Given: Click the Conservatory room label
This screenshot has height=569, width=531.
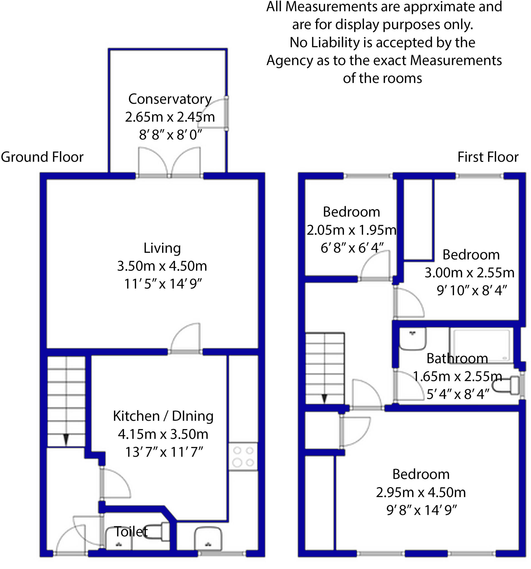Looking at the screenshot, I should click(x=170, y=99).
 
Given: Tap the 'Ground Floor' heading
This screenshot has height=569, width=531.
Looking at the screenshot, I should click(x=42, y=157).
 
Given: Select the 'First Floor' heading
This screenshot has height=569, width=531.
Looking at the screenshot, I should click(x=487, y=157).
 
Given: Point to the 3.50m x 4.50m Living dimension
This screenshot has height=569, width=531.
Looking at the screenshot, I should click(x=162, y=266).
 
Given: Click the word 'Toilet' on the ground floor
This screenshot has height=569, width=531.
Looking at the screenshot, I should click(x=131, y=532).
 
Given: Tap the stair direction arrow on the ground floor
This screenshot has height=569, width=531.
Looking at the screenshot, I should click(x=66, y=439).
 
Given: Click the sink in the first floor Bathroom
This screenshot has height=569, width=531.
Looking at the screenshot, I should click(x=412, y=338).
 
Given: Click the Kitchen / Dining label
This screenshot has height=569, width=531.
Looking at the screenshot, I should click(x=163, y=416).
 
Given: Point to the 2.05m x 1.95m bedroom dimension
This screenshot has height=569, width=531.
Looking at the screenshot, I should click(x=351, y=230).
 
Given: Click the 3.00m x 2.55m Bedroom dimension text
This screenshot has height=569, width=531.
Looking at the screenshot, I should click(x=469, y=273).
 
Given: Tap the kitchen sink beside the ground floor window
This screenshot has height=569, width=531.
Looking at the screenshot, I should click(x=208, y=539).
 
